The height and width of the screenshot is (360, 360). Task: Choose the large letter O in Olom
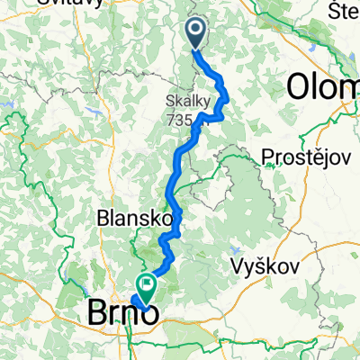click(300, 86)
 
